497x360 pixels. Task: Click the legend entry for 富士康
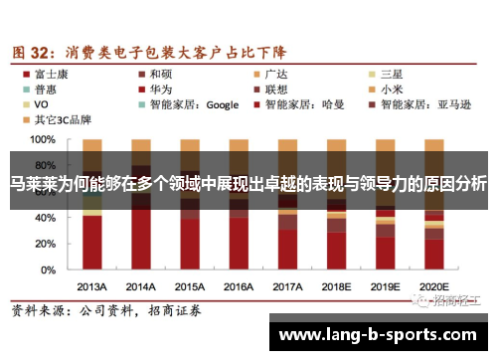coord(47,73)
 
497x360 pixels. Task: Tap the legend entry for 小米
coord(391,88)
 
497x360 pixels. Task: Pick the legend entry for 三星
coord(391,73)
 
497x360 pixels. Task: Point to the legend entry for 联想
coord(275,88)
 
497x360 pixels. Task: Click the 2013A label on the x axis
coord(91,284)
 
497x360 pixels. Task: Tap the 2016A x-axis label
coord(239,284)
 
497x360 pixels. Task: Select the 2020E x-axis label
coord(433,284)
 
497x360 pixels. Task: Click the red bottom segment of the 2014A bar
coord(141,239)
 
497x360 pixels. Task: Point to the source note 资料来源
coord(40,311)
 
